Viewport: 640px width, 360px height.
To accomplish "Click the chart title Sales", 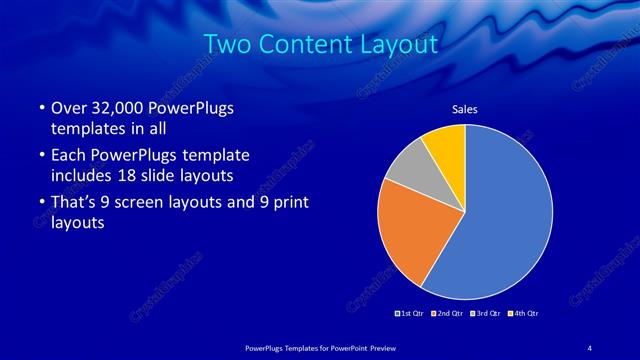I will coord(465,109).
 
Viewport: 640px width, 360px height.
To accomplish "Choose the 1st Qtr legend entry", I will coord(411,313).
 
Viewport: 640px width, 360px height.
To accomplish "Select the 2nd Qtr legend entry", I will coord(447,313).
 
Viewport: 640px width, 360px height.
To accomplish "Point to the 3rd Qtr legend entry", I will coord(485,313).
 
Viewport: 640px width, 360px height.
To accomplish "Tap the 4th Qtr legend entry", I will coord(523,313).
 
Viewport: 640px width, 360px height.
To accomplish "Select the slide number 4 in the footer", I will coord(590,346).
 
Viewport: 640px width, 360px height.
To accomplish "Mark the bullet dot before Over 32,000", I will coord(39,108).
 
